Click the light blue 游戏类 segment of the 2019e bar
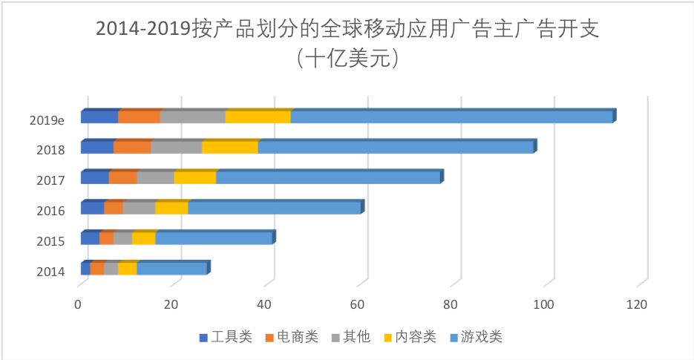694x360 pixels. click(x=451, y=117)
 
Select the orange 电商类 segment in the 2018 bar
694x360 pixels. click(x=132, y=147)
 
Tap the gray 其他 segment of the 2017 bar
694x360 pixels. click(x=155, y=177)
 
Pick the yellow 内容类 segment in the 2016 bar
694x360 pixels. click(x=171, y=208)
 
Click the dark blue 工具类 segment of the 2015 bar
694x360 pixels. click(x=90, y=238)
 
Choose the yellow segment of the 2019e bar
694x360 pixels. click(x=258, y=117)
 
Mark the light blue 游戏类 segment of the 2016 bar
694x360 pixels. click(x=274, y=208)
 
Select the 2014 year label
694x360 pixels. click(x=50, y=272)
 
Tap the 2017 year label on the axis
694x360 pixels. click(x=50, y=180)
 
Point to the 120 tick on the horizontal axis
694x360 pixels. click(x=637, y=304)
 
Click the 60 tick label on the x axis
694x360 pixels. click(x=358, y=304)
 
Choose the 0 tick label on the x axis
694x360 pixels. click(x=78, y=304)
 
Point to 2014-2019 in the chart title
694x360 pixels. click(x=141, y=29)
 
